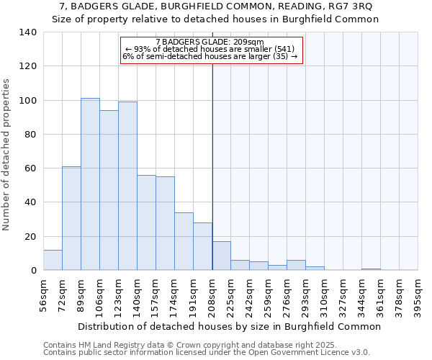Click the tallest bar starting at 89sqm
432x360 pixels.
[90, 184]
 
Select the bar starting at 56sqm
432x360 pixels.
[53, 260]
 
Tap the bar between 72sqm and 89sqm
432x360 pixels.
[71, 218]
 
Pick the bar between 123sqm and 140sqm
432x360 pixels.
[127, 186]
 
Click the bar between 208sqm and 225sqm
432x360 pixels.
[222, 256]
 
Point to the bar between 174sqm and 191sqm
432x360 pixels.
[184, 241]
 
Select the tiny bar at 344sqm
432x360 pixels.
[372, 269]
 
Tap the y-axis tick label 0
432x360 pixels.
[33, 271]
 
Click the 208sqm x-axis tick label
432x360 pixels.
[212, 294]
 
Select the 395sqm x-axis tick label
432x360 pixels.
[418, 294]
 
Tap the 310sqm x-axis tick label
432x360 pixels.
[324, 294]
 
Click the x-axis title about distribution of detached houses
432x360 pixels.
[229, 326]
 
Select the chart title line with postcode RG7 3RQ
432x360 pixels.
[215, 6]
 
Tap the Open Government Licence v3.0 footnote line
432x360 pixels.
[206, 352]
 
